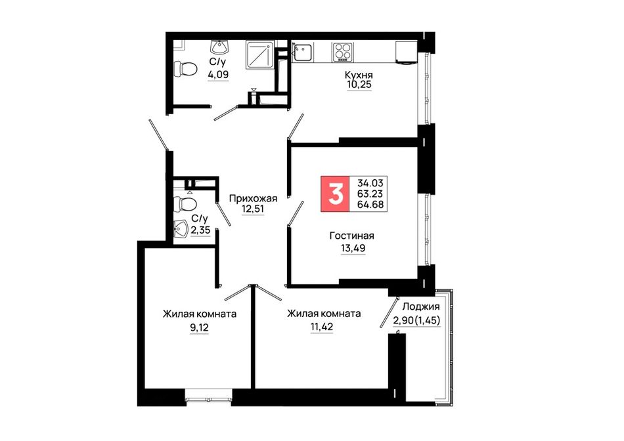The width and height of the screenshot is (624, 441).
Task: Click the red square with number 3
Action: (x=335, y=194)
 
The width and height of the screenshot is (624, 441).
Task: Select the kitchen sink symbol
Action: (x=302, y=52)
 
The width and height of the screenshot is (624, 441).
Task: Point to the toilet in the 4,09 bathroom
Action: (x=186, y=69)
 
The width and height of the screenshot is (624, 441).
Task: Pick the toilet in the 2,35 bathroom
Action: (x=185, y=204)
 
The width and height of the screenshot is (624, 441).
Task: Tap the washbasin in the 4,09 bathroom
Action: (x=219, y=47)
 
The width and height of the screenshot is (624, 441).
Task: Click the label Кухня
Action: (x=359, y=75)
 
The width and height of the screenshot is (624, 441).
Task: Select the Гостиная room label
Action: (x=352, y=236)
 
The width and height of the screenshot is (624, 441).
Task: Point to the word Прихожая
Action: (x=253, y=198)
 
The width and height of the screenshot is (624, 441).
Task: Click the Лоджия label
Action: (x=421, y=306)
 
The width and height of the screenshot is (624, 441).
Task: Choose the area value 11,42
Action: (x=322, y=327)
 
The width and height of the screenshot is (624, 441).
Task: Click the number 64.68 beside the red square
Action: (x=370, y=205)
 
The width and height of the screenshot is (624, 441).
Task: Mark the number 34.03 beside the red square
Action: (x=370, y=183)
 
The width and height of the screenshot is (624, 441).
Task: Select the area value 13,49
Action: (x=353, y=248)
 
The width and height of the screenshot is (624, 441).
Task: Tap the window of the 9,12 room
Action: (x=208, y=397)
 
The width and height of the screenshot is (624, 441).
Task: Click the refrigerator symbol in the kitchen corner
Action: (x=407, y=52)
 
